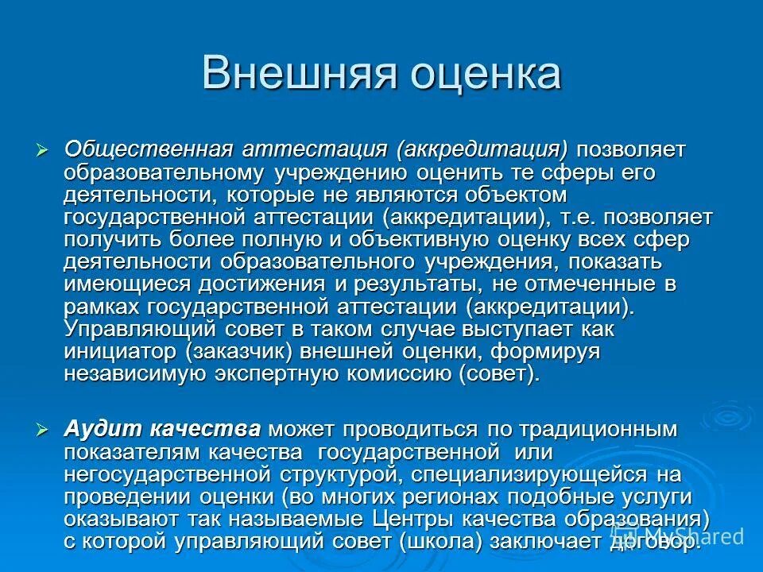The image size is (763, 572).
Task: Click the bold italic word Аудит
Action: pyautogui.click(x=96, y=430)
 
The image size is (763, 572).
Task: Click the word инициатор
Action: pyautogui.click(x=119, y=351)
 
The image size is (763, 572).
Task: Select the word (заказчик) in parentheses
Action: pyautogui.click(x=239, y=351)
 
